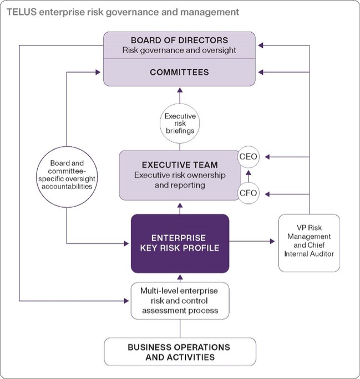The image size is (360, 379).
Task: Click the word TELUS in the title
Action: click(x=22, y=11)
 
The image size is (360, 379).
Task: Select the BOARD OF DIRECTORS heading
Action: click(x=180, y=40)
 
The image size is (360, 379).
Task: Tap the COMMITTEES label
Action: click(x=180, y=72)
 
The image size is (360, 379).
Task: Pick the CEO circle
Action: click(x=249, y=157)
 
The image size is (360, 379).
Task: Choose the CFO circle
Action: click(x=249, y=193)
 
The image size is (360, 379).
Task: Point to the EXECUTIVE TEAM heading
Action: click(x=179, y=165)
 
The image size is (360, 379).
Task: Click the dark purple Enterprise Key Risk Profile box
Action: click(x=180, y=243)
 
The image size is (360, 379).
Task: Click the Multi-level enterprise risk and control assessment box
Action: click(x=180, y=301)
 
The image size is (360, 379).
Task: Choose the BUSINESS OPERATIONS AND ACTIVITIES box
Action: click(x=180, y=352)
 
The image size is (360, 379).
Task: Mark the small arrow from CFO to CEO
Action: click(x=249, y=175)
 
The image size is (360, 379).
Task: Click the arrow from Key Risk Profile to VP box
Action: click(x=253, y=242)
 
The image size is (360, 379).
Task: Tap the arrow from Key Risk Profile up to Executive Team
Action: click(x=180, y=207)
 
